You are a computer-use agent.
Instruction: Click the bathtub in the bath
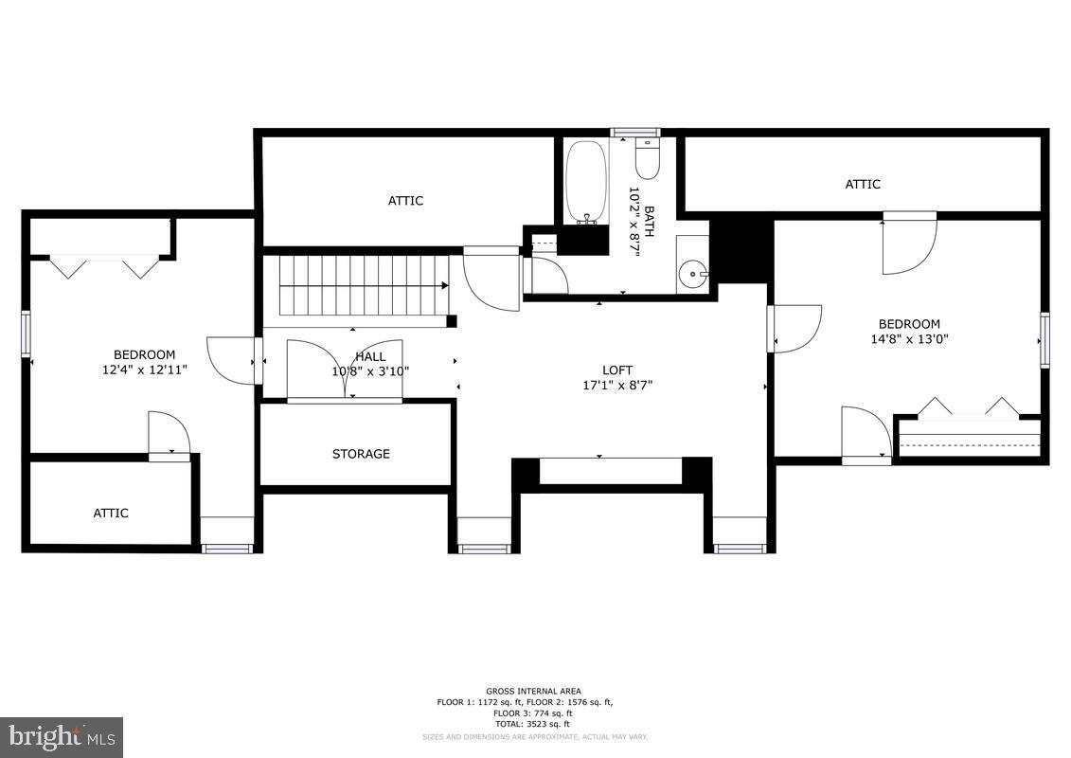pos(585,182)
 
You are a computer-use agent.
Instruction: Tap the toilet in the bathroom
pos(647,160)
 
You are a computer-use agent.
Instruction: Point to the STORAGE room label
pos(361,454)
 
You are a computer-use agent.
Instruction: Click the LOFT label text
pos(617,370)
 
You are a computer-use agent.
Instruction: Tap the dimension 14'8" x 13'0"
pos(909,339)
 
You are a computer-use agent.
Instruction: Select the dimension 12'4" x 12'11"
pos(145,370)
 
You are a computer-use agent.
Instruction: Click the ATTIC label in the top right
pos(863,184)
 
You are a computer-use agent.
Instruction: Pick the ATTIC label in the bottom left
pos(111,513)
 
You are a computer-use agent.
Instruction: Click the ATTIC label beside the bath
pos(405,200)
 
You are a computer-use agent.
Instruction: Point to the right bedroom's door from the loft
pos(795,328)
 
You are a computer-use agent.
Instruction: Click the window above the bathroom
pos(634,133)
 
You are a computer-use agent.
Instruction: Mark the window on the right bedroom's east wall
pos(1044,339)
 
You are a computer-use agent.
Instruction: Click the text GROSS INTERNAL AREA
pos(534,691)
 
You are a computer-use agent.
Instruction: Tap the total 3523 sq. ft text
pos(534,724)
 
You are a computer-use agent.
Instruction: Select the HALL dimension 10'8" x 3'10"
pos(370,371)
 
